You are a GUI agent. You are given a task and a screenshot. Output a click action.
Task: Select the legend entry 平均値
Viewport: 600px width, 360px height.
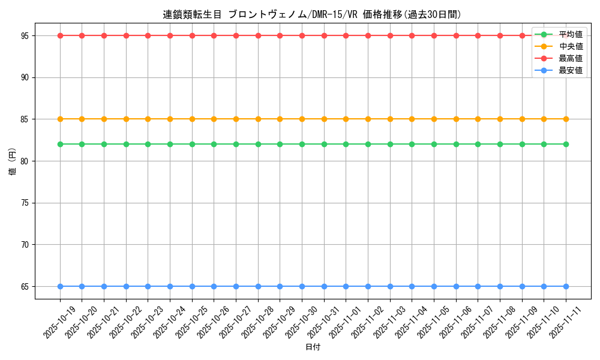pos(570,34)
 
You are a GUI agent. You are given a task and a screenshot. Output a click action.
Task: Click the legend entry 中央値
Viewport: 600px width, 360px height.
pos(570,46)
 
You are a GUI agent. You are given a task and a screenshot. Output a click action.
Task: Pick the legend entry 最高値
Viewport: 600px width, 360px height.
pos(570,58)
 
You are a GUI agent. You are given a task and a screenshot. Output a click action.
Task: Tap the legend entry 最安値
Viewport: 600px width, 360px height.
pos(570,70)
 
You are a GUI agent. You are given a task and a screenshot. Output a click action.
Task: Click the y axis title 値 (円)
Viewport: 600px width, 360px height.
pos(12,161)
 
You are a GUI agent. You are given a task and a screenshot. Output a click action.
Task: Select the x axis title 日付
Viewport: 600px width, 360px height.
pos(313,347)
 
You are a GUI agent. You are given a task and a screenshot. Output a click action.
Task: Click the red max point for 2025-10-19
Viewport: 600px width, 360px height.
pos(60,35)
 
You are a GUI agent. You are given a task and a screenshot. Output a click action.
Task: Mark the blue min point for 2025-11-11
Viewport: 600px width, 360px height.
pos(566,286)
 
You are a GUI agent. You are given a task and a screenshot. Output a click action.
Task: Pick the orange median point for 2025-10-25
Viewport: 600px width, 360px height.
pos(192,119)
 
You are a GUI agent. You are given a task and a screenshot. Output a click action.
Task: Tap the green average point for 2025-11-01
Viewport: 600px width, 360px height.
pos(346,144)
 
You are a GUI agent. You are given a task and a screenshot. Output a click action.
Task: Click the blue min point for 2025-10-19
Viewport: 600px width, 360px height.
pos(60,286)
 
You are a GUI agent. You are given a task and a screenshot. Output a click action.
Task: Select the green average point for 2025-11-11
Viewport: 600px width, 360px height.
pos(566,144)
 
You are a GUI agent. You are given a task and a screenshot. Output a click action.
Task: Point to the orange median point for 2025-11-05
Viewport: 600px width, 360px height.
pos(434,119)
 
